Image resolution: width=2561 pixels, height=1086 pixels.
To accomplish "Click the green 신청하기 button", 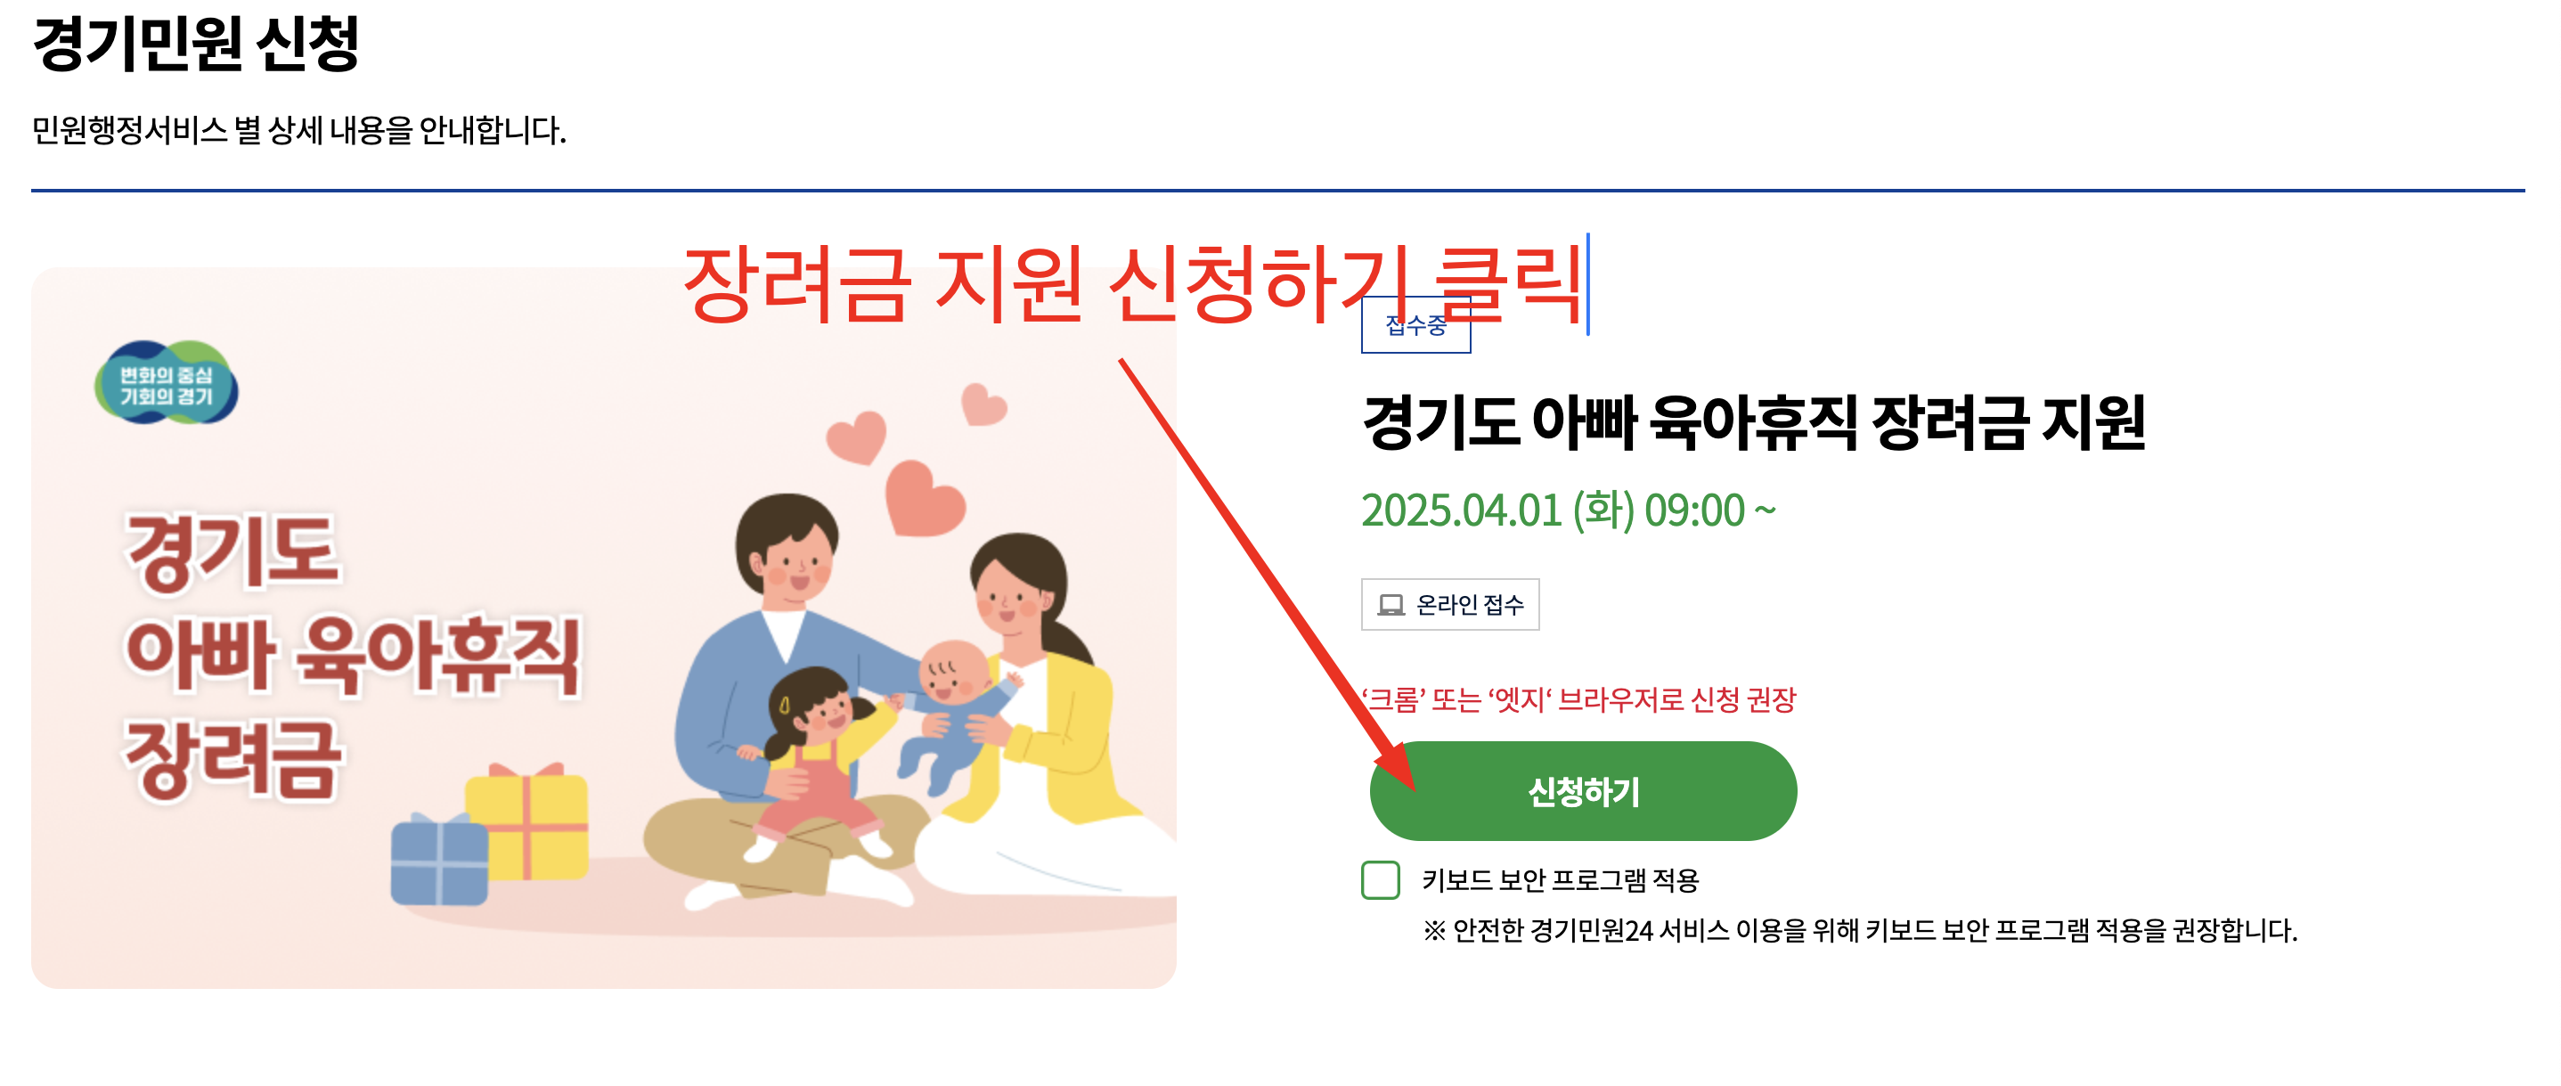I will pos(1583,792).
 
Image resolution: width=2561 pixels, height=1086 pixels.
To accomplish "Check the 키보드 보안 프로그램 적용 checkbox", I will pos(1380,880).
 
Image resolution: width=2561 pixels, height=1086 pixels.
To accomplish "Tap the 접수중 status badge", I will pos(1415,325).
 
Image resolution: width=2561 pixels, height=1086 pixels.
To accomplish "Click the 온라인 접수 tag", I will pos(1449,605).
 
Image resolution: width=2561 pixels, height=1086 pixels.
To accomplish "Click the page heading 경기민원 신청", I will pos(196,44).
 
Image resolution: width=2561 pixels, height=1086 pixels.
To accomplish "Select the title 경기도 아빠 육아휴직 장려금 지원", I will pos(1754,422).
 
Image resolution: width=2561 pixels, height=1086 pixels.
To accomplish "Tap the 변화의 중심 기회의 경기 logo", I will pos(166,384).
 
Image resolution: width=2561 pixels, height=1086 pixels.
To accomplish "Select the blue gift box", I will pos(438,861).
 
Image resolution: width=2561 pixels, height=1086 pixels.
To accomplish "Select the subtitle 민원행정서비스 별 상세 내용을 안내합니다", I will pos(298,130).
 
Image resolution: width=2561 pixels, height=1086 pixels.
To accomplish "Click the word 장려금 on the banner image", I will pos(232,760).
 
